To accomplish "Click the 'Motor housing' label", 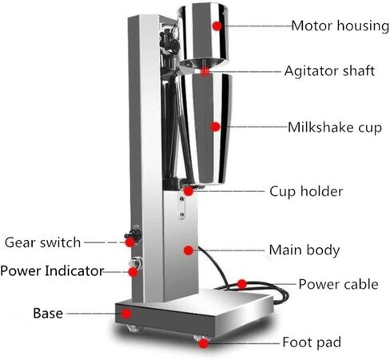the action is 340,26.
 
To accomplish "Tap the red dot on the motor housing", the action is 217,26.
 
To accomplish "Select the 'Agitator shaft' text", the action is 329,71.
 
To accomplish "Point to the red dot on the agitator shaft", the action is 205,71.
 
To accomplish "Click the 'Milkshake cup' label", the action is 335,127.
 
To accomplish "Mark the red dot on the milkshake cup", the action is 215,127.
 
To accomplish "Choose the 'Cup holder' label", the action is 306,191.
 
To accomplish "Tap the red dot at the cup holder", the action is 189,191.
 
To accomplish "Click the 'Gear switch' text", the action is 42,242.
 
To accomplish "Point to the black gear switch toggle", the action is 133,234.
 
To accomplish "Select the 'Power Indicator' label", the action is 52,270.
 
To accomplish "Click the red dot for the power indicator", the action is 133,272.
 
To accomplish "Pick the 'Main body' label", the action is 304,250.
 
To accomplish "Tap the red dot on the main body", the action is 189,250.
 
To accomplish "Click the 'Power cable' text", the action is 338,284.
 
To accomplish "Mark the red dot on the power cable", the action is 242,284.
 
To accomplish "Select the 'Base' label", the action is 48,314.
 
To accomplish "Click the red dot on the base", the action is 126,314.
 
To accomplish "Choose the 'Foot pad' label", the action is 312,342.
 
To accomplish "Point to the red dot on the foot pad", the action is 203,343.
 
